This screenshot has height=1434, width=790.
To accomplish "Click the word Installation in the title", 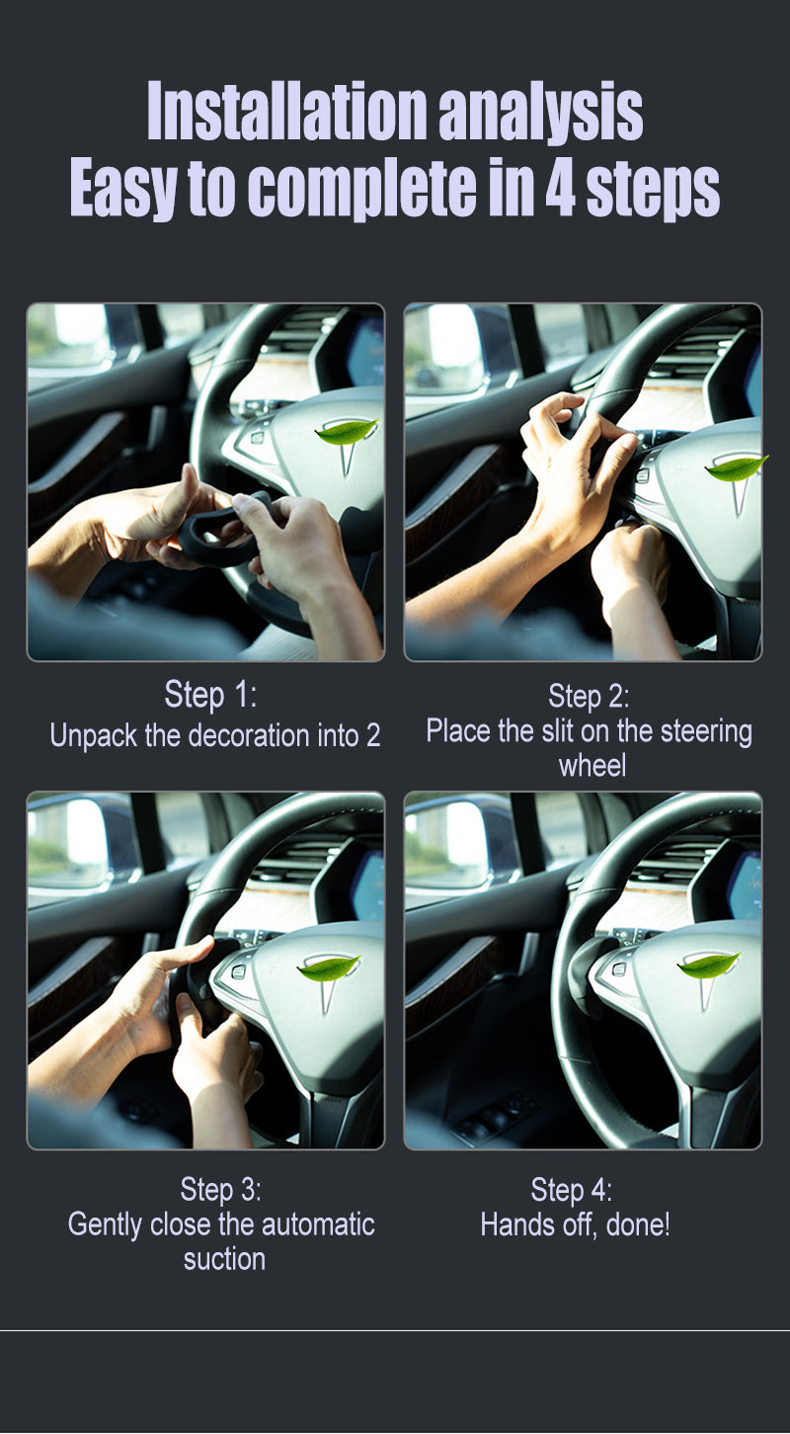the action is (286, 110).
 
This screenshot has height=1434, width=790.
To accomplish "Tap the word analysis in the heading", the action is (540, 113).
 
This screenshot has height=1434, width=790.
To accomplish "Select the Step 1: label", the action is (210, 695).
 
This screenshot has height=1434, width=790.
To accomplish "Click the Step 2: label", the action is (589, 697).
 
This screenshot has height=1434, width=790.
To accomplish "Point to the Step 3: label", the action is (220, 1190).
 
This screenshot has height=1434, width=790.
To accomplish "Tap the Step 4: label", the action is (571, 1190).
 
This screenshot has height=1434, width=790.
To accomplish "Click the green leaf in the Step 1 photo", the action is (346, 432).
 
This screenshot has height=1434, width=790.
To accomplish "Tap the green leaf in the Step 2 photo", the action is (737, 467).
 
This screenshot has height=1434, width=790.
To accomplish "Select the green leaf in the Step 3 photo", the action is (329, 968).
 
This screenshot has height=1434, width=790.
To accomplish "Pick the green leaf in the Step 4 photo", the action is (709, 965).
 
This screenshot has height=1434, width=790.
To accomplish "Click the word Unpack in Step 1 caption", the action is (94, 736).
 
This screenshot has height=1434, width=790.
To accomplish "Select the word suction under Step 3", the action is (224, 1260).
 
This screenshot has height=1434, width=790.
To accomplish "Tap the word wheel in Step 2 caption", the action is (592, 766).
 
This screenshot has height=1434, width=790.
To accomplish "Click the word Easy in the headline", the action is (122, 190).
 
